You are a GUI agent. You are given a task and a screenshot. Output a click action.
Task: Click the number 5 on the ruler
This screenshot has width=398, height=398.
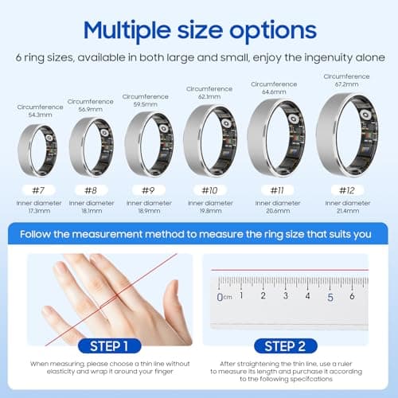point(330,297)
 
